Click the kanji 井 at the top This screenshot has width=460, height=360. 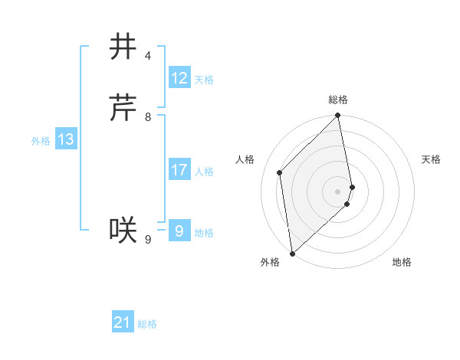[x=123, y=47]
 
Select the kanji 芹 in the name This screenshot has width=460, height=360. [x=123, y=108]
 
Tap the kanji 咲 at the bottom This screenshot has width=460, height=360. [x=123, y=229]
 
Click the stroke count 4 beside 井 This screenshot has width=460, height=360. [x=148, y=56]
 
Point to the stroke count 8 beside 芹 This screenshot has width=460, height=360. [x=148, y=117]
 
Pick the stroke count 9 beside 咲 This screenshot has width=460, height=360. [x=148, y=240]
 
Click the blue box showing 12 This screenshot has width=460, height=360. [x=179, y=77]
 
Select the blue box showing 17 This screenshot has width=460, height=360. [x=179, y=169]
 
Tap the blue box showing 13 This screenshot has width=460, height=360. [x=66, y=139]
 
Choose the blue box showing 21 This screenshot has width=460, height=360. [x=123, y=322]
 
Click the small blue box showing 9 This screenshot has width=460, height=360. [x=179, y=231]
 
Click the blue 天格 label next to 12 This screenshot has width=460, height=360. [x=204, y=80]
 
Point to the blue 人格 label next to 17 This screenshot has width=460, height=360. [x=204, y=172]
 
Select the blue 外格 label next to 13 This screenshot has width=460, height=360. [x=41, y=141]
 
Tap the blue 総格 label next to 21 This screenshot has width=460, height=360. [x=147, y=325]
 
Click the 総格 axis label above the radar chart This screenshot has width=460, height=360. [x=338, y=100]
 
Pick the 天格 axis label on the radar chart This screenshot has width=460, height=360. [x=431, y=159]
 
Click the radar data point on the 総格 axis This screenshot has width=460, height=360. [x=338, y=116]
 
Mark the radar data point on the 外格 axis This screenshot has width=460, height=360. [x=292, y=253]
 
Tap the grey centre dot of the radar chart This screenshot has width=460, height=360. [x=338, y=191]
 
